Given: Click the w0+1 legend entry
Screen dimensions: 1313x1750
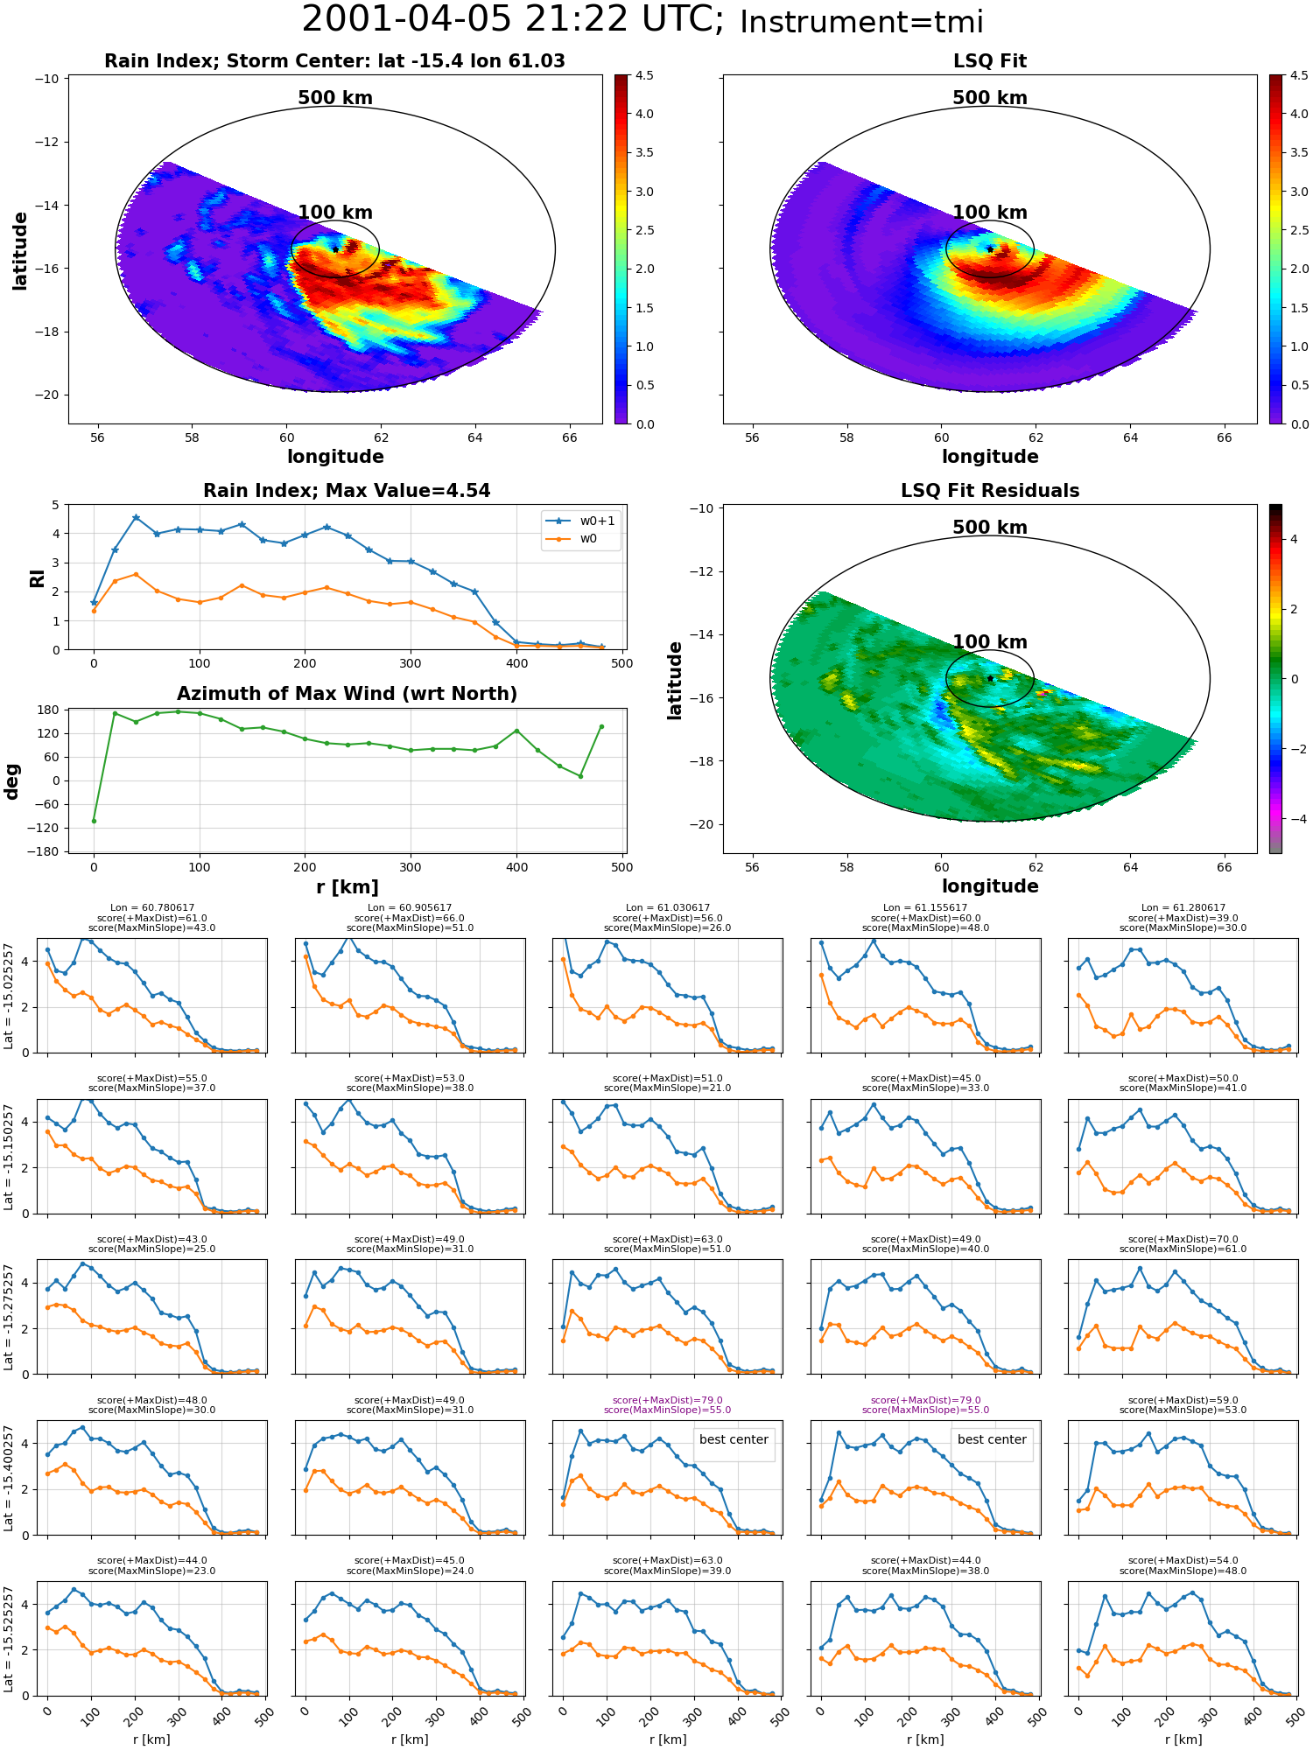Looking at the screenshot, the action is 597,521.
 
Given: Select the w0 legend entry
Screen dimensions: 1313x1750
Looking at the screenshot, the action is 588,538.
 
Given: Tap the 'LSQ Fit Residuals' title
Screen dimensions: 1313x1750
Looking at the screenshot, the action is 990,491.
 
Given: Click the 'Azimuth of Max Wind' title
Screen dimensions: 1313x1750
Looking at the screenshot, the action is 347,694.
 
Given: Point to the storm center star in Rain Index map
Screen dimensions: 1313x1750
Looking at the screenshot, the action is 335,249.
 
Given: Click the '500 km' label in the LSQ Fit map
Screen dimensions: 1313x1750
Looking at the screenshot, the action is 990,98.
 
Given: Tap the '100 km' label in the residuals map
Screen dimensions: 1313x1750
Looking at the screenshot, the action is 990,642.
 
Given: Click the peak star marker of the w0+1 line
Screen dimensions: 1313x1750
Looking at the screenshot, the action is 136,518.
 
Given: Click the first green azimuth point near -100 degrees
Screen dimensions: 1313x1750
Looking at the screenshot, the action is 94,821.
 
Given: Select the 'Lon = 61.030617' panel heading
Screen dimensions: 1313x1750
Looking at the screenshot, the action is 668,908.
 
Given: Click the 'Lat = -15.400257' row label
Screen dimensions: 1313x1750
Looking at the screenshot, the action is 9,1478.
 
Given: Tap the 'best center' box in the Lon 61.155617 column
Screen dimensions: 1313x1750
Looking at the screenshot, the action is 992,1439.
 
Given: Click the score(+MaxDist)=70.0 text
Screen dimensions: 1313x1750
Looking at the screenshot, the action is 1183,1239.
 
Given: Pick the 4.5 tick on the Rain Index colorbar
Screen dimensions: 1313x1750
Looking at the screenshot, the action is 644,76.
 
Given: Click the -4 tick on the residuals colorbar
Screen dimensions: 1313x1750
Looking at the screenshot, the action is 1294,819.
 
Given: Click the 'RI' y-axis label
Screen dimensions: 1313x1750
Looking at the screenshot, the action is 38,577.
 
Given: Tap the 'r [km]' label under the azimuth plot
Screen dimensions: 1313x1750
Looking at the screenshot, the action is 347,887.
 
